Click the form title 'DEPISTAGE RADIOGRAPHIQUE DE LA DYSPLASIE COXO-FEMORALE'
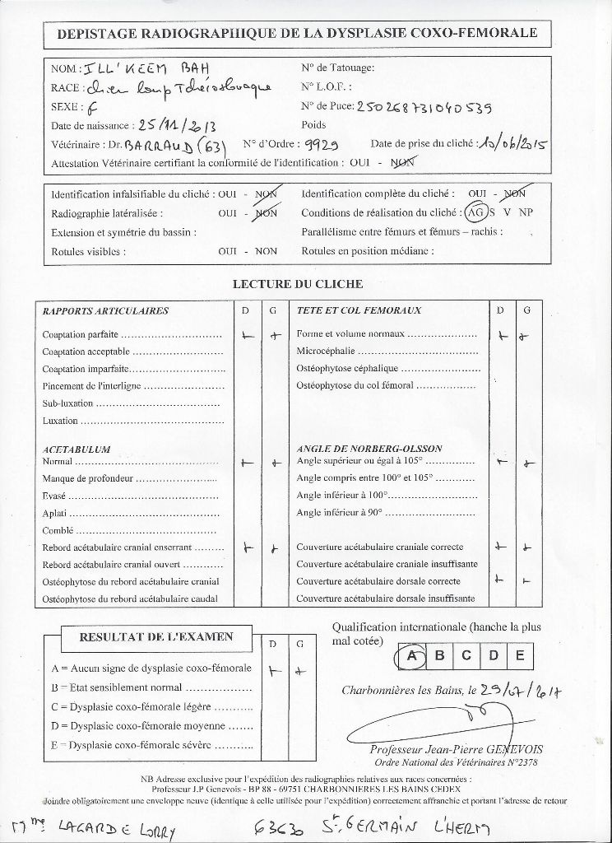click(297, 32)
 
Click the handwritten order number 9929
click(322, 144)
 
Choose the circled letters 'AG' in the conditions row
click(475, 212)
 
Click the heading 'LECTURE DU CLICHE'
click(299, 284)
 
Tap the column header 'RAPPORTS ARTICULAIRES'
click(105, 311)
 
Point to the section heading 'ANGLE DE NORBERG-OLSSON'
click(369, 449)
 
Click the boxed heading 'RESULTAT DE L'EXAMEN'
click(155, 636)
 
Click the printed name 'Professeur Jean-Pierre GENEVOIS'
click(456, 750)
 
